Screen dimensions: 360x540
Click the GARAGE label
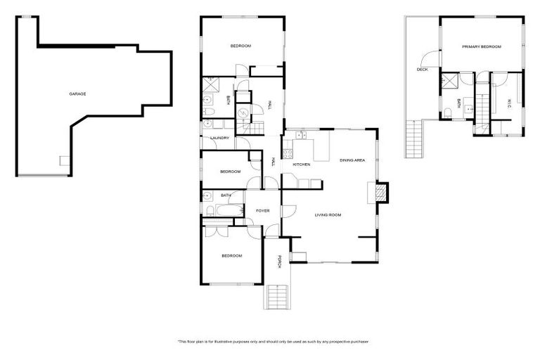click(77, 94)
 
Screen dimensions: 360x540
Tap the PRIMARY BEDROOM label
click(482, 46)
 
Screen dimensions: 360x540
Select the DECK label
click(422, 69)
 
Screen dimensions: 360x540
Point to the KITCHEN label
click(302, 165)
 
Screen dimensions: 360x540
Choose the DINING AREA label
click(352, 160)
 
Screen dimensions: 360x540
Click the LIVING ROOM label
click(328, 214)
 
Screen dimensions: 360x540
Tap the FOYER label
click(262, 210)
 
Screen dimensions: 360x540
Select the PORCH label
click(279, 262)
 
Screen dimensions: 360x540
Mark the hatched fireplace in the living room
click(379, 192)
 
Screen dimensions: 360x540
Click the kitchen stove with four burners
click(288, 150)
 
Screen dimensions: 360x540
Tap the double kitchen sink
click(302, 136)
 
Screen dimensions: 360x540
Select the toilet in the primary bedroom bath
click(448, 112)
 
